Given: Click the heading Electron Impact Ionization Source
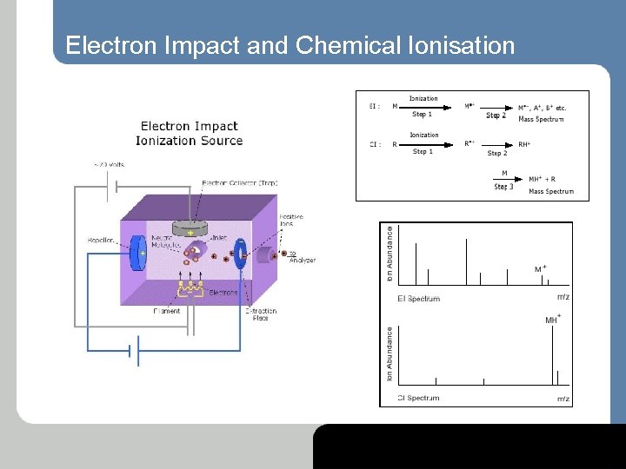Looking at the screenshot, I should tap(189, 133).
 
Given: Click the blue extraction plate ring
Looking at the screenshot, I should tap(242, 252).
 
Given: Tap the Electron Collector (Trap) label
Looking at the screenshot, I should tap(239, 182).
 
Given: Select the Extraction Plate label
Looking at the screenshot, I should tap(260, 314).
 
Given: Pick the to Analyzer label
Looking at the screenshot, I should tap(302, 256).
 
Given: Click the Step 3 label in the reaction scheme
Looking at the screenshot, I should tap(503, 186).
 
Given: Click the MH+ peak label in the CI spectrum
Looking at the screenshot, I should tap(553, 320).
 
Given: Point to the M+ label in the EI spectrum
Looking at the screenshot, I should tap(540, 269).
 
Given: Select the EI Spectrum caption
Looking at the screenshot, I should tap(418, 299).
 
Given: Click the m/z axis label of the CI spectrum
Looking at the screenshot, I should tap(563, 399).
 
